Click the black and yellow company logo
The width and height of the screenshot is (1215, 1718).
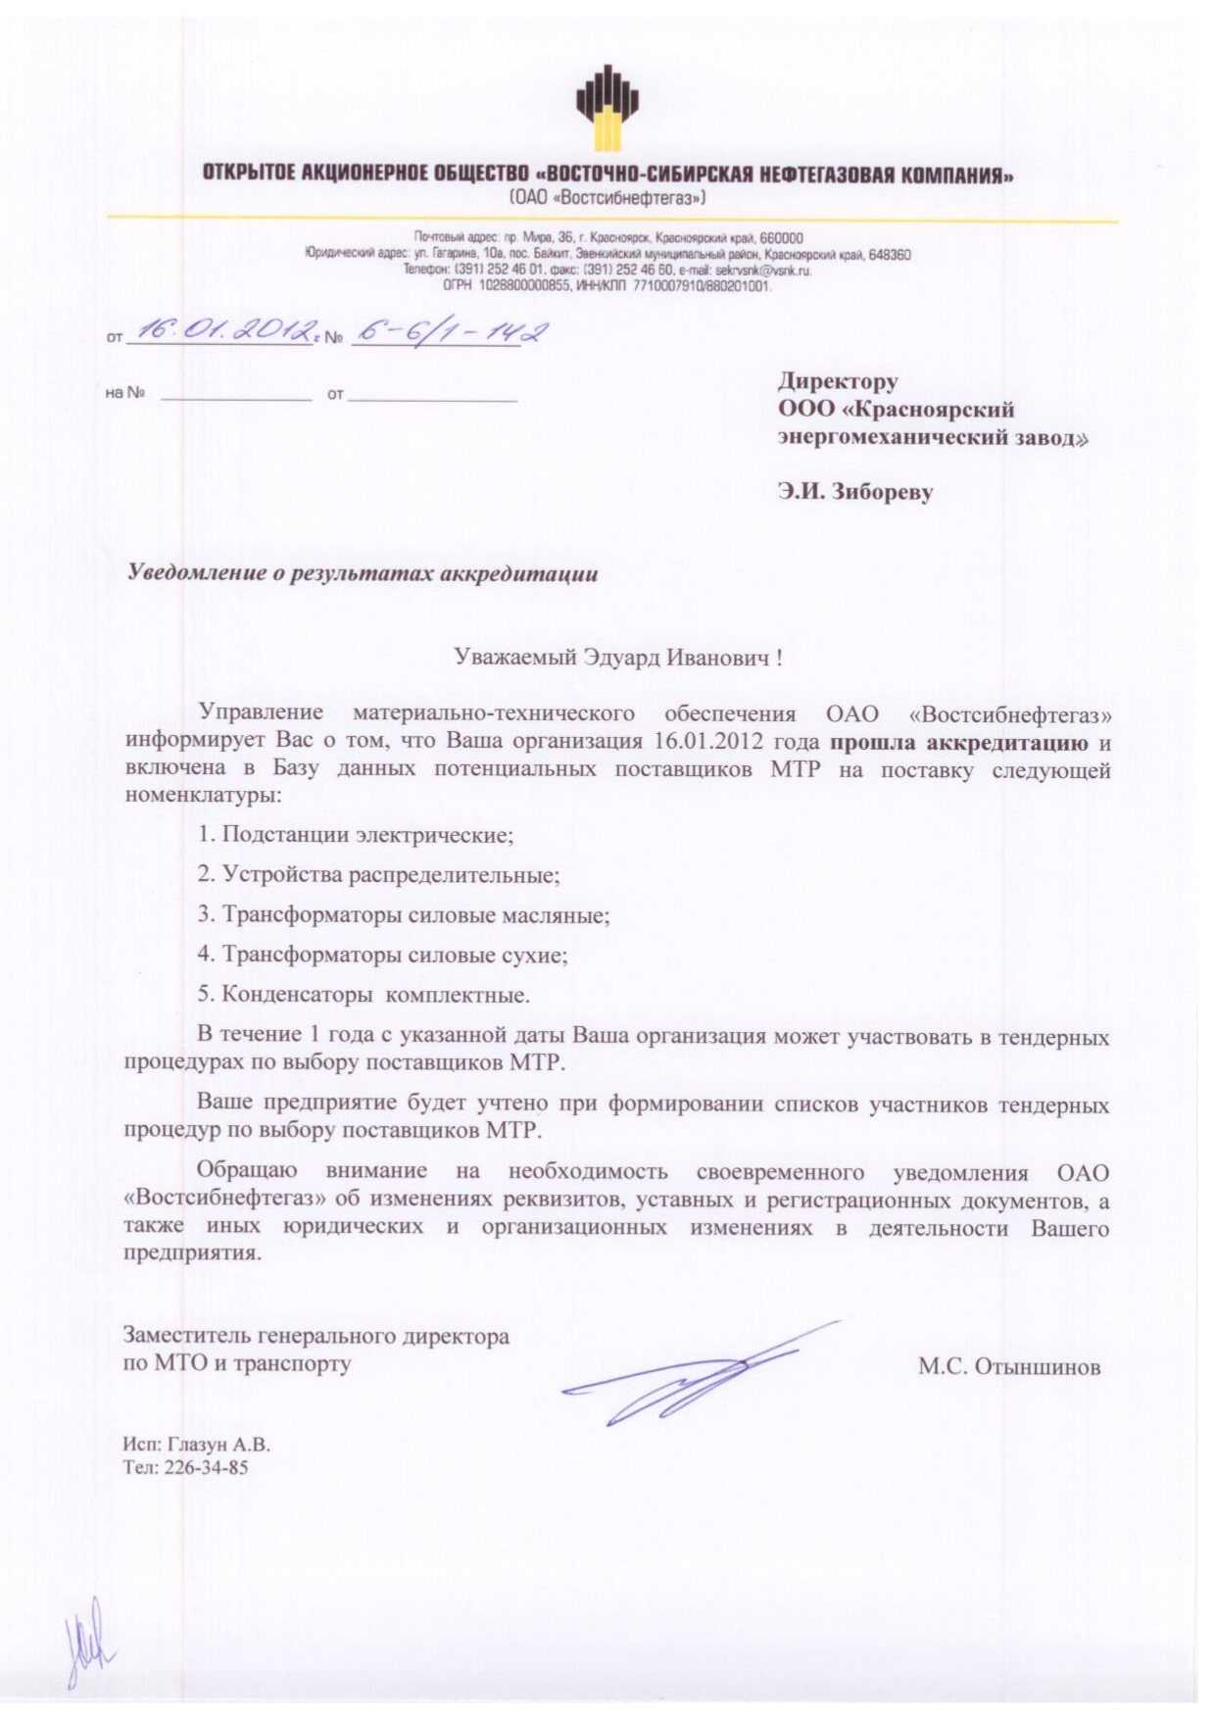tap(607, 108)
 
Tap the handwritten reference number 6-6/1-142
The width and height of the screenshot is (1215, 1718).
tap(450, 332)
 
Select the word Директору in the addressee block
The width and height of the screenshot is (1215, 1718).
tap(838, 380)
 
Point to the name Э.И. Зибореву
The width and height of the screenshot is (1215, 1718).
tap(854, 492)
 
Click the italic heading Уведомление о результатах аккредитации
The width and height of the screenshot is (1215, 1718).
tap(363, 573)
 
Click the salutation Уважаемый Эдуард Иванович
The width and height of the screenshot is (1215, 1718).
tap(617, 658)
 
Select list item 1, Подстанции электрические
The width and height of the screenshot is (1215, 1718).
tap(356, 835)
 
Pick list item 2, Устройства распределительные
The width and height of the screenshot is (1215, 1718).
tap(378, 875)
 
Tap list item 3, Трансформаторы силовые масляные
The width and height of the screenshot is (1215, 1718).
tap(404, 915)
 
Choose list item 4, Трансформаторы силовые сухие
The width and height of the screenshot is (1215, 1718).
tap(382, 955)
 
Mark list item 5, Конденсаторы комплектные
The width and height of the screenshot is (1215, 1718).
tap(364, 995)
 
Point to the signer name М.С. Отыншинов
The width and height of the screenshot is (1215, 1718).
tap(1008, 1367)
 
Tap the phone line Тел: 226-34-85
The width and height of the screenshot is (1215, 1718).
tap(185, 1468)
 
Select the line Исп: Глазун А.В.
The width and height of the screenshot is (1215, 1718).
tap(196, 1445)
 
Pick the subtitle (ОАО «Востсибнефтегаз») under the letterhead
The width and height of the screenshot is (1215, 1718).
tap(607, 198)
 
